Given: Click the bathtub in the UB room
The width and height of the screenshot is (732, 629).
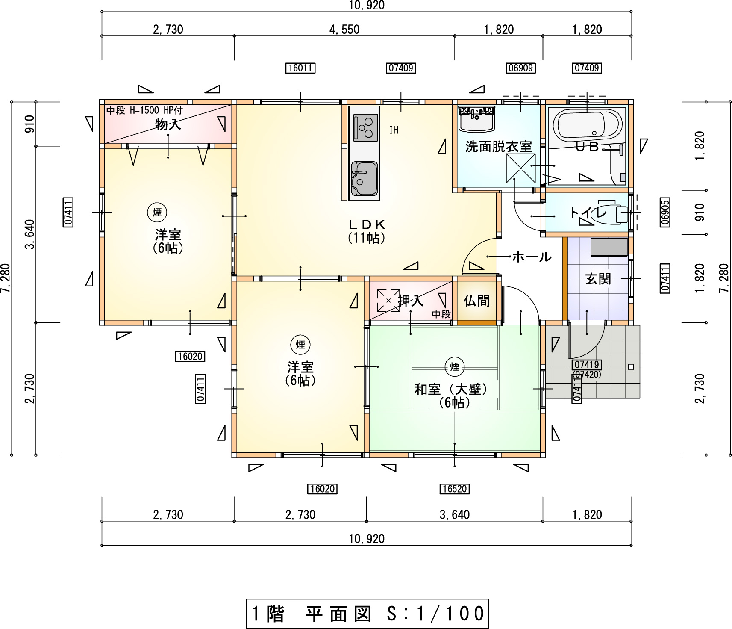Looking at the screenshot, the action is (x=587, y=125).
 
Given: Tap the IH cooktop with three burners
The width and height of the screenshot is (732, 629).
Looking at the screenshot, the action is (x=365, y=127).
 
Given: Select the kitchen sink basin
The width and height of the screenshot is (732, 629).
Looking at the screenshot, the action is (x=364, y=178).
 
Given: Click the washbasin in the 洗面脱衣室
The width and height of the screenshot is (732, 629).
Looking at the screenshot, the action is (x=476, y=119).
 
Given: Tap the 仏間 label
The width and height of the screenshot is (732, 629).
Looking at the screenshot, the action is (x=476, y=301).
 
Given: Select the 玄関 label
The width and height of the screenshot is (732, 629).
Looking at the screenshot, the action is (x=598, y=279).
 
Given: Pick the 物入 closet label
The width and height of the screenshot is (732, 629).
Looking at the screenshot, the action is (x=168, y=124).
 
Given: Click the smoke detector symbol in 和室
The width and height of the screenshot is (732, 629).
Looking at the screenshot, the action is (x=454, y=366).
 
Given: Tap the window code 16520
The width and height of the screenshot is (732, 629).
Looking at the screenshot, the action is (x=454, y=489).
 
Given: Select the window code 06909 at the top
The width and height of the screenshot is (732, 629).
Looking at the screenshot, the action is (x=520, y=68).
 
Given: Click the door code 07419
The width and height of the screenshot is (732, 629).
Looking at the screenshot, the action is (x=586, y=365).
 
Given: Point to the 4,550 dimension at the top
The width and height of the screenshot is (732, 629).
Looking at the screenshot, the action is (x=344, y=30).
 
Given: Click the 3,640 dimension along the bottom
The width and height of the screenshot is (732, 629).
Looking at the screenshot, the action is (x=454, y=514).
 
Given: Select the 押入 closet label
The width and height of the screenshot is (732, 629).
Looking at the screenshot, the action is (x=410, y=301).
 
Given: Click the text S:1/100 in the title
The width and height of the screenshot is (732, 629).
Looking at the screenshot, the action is (x=435, y=614).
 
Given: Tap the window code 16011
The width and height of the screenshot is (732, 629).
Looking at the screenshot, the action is (x=300, y=68).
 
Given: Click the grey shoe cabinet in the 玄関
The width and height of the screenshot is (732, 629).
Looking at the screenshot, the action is (x=609, y=247).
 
